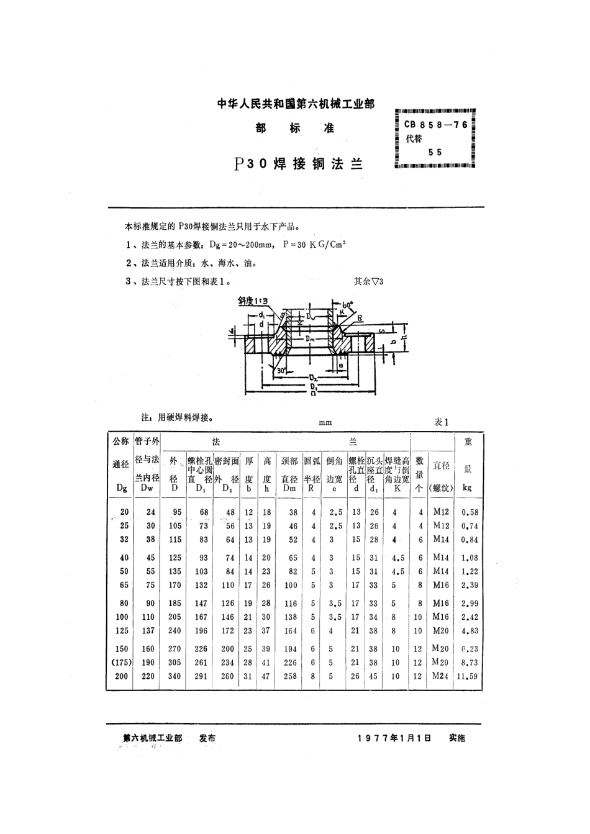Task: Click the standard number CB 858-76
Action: point(435,124)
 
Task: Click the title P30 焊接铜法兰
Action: point(298,164)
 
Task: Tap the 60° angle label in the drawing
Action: point(347,304)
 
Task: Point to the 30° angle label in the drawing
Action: point(282,371)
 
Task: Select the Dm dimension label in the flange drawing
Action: point(311,338)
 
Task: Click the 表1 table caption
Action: point(442,422)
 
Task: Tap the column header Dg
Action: point(122,488)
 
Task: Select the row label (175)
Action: point(121,663)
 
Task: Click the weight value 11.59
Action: point(467,677)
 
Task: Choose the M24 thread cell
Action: point(440,676)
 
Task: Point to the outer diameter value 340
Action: point(175,676)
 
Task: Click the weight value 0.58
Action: point(468,512)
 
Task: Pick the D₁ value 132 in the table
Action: point(201,585)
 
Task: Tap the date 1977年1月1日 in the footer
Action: point(394,738)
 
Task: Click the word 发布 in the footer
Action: point(207,738)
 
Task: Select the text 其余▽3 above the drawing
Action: point(370,281)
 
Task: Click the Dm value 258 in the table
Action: point(291,676)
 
